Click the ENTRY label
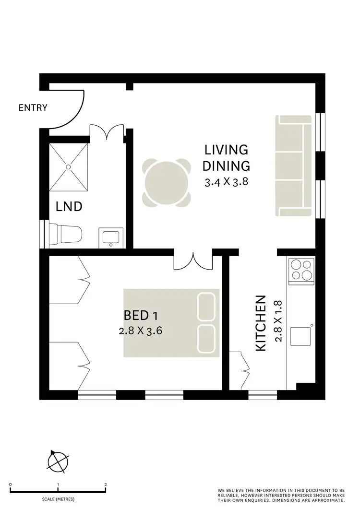pyautogui.click(x=33, y=107)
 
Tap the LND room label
pyautogui.click(x=69, y=207)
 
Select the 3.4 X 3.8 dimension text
pyautogui.click(x=226, y=182)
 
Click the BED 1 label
pyautogui.click(x=141, y=316)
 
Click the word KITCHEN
pyautogui.click(x=261, y=323)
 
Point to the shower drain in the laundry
pyautogui.click(x=68, y=166)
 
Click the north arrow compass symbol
pyautogui.click(x=58, y=461)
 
